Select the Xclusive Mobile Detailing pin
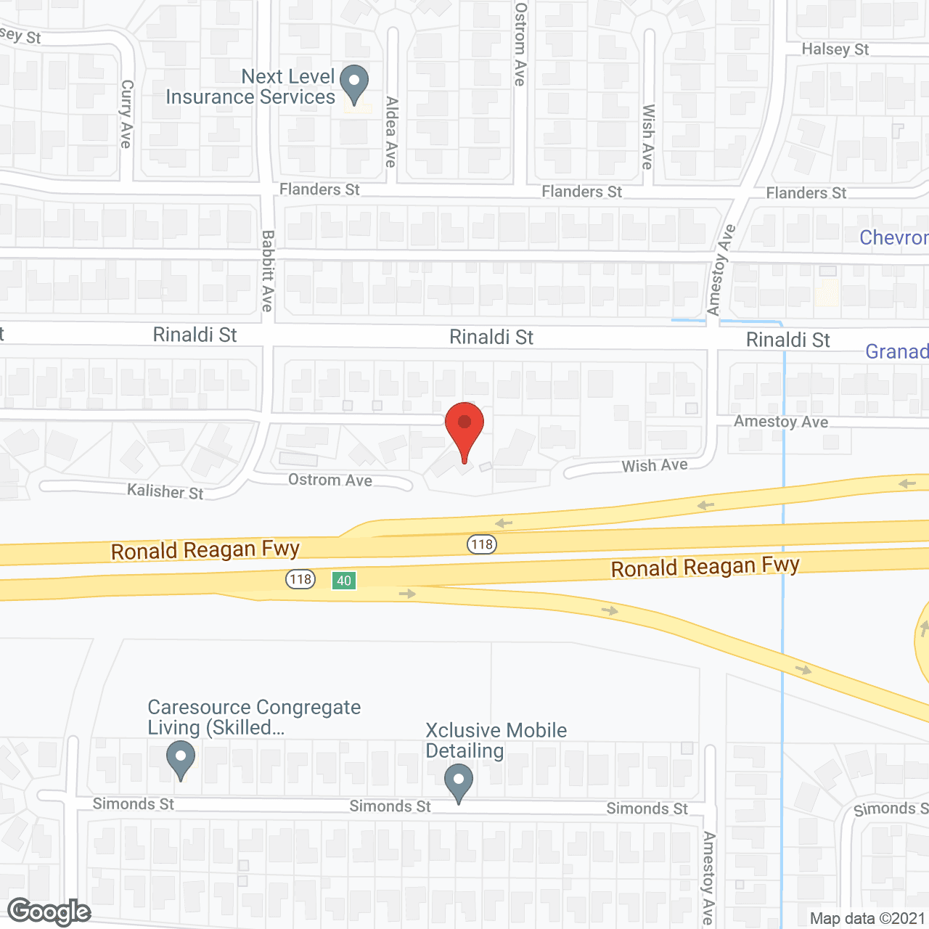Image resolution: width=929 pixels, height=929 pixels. pos(459,782)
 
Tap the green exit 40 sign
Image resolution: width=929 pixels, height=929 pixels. pos(344,581)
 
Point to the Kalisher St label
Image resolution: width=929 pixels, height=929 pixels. pos(165,491)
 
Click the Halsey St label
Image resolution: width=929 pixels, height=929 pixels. pos(835,49)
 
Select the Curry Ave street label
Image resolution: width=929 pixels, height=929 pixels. pos(126,114)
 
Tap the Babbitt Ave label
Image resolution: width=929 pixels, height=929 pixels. pos(268,271)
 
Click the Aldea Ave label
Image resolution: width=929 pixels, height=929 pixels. pos(391,132)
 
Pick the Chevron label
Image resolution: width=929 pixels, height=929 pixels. pos(893,237)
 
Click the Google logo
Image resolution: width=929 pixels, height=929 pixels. pos(49,912)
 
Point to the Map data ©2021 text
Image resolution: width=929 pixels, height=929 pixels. pos(867,918)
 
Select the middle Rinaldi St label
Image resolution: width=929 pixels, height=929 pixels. pos(491,337)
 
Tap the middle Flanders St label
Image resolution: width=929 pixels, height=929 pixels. pos(582,192)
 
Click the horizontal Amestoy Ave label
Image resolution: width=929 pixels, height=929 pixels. pos(781,422)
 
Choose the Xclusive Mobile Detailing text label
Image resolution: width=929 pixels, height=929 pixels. pos(496,740)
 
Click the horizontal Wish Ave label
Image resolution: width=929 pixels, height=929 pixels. pos(655,465)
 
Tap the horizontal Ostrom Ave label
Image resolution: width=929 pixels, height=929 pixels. pos(330,480)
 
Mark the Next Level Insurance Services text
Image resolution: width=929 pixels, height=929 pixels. pos(250,86)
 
